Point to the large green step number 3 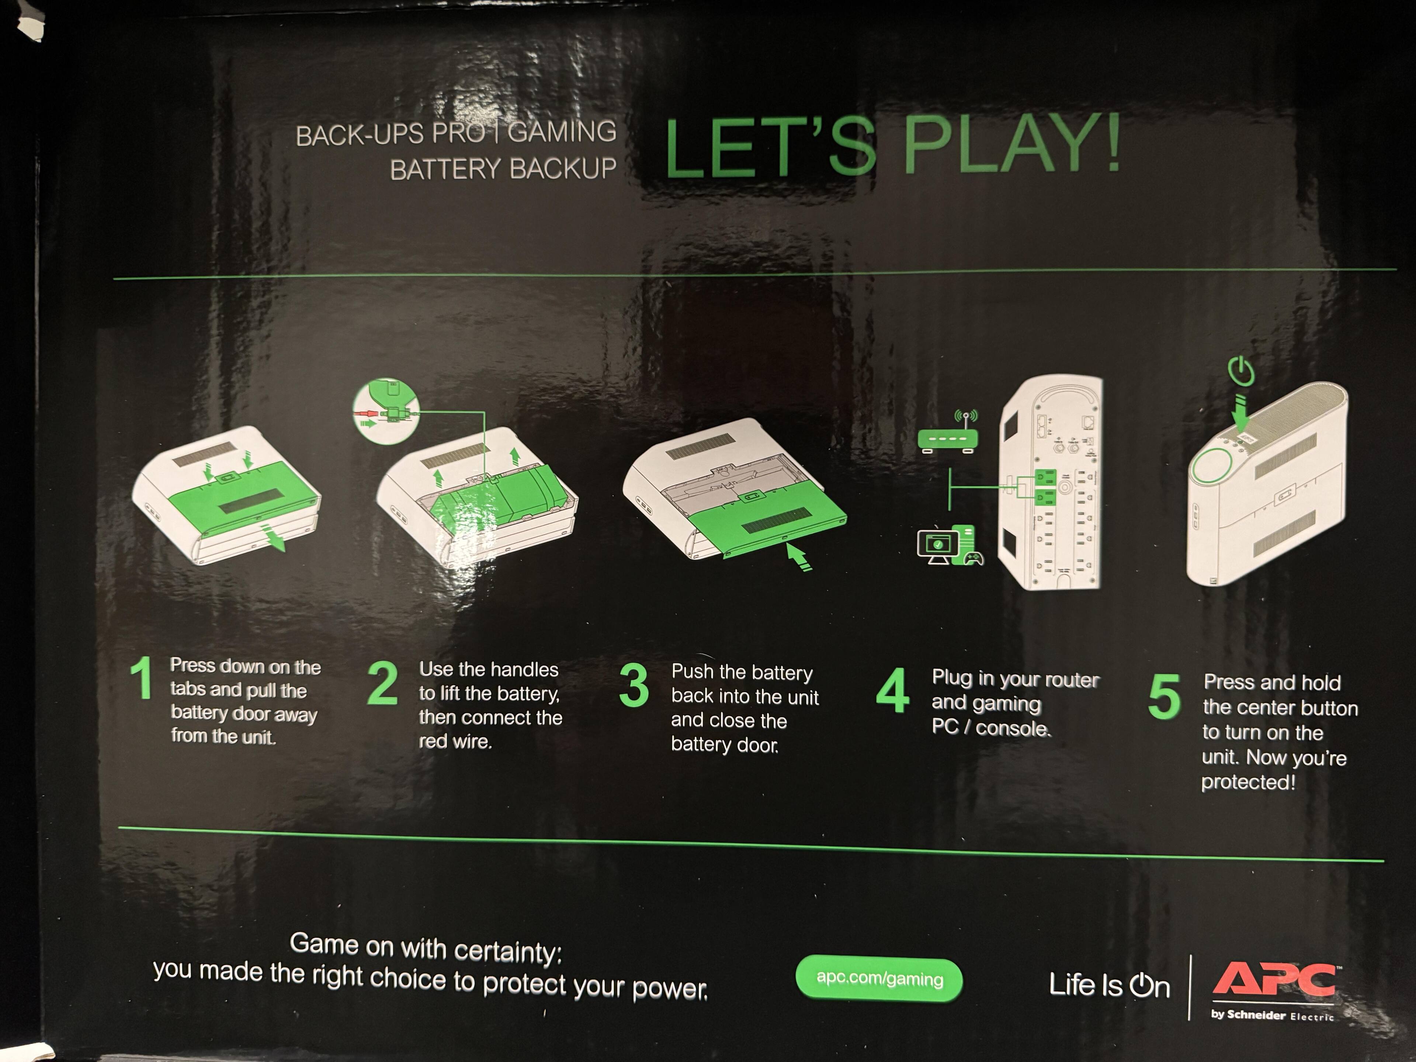click(634, 685)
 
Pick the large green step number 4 click(892, 690)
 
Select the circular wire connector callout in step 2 click(386, 411)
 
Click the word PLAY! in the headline click(1011, 144)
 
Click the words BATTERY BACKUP click(503, 169)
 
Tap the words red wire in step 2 click(455, 741)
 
